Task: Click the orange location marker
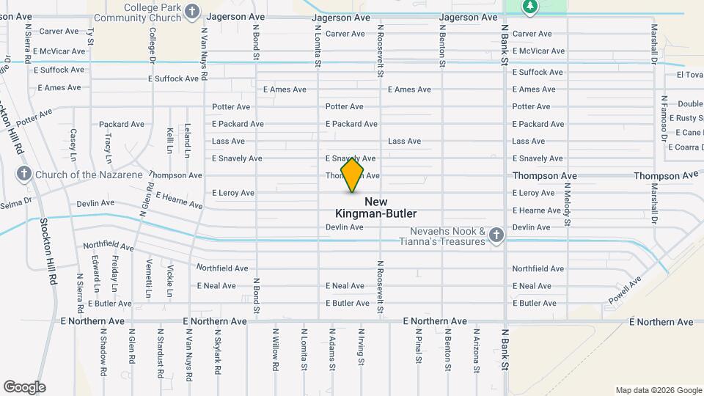click(x=352, y=175)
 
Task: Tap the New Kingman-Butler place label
click(x=375, y=208)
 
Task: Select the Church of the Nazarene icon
click(x=23, y=175)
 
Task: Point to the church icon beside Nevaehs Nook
click(x=496, y=235)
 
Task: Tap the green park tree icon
click(x=530, y=7)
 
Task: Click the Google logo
click(x=24, y=387)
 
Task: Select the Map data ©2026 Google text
click(x=658, y=390)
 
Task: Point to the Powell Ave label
click(x=624, y=290)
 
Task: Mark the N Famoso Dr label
click(x=664, y=117)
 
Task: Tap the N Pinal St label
click(x=417, y=345)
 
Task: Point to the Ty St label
click(x=91, y=36)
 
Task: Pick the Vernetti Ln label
click(x=149, y=277)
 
